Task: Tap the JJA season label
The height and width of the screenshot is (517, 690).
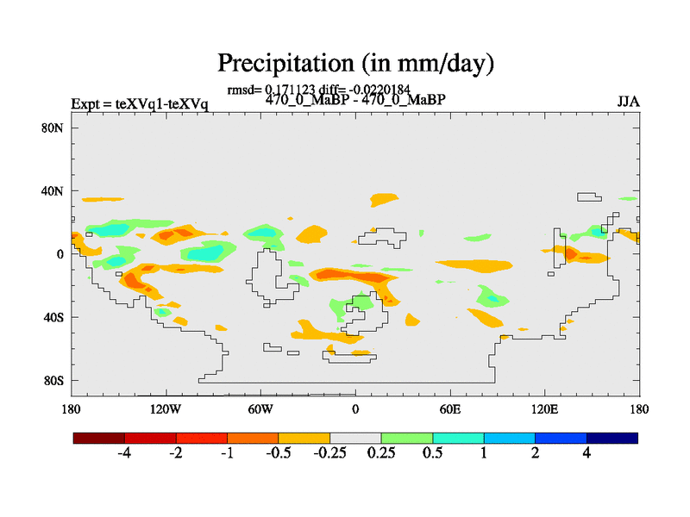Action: coord(627,102)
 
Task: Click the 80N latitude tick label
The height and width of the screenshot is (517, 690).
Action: coord(54,128)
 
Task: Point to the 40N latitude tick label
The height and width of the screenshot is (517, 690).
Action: coord(54,190)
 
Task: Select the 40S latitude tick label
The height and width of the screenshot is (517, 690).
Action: coord(54,317)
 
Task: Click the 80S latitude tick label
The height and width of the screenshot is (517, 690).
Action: coord(54,380)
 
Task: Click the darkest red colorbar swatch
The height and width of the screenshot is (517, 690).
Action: coord(99,438)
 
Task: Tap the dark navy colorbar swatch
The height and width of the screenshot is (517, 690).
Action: coord(612,438)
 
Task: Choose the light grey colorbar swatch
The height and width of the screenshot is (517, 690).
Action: coord(355,438)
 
